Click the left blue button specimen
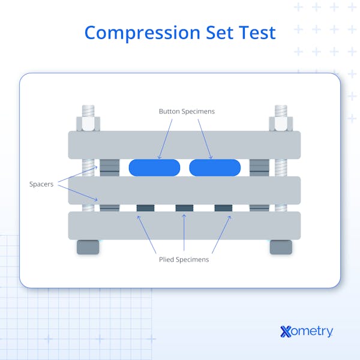coord(154,167)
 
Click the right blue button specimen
coord(215,167)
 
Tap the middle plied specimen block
coord(184,208)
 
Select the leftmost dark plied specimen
coord(145,208)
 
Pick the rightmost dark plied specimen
coord(223,208)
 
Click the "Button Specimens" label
coord(187,112)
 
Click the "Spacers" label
coord(41,184)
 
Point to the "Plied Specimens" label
coord(184,260)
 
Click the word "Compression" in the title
coord(142,33)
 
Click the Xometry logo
coord(307,331)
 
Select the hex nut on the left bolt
coord(88,124)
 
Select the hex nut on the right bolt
coord(281,124)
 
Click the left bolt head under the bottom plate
coord(88,247)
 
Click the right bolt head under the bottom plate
coord(281,247)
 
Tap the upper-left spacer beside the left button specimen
coord(110,168)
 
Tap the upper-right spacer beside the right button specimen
coord(259,168)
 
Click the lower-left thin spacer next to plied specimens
coord(110,208)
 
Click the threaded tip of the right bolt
coord(281,111)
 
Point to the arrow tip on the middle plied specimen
coord(184,215)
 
